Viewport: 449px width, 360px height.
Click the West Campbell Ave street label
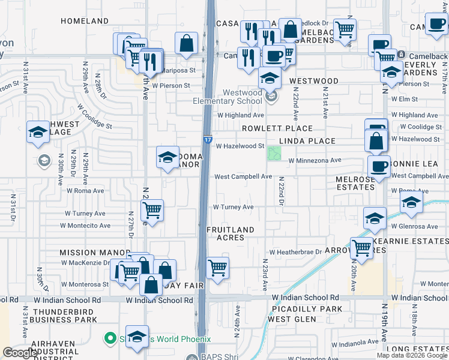coord(243,177)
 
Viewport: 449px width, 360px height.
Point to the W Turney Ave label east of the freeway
coord(234,207)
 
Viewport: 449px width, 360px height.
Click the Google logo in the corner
coord(20,353)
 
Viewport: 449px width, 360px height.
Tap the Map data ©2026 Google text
coord(411,355)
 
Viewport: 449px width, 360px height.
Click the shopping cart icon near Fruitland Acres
coord(217,268)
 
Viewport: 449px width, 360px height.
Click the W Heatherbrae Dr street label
coord(300,253)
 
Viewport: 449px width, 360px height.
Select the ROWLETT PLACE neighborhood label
coord(277,128)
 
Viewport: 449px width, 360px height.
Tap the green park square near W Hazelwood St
coord(274,154)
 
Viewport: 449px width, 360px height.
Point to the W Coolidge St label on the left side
coord(94,116)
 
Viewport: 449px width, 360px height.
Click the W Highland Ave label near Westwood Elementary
coord(240,115)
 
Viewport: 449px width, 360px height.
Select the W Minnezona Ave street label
coord(315,161)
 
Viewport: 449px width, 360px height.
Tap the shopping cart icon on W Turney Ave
coord(152,210)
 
